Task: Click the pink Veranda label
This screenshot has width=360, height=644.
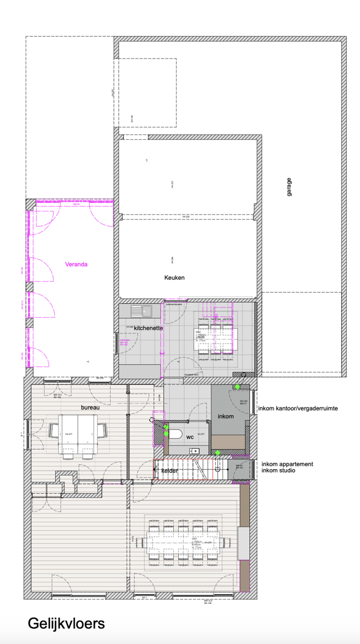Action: click(x=76, y=264)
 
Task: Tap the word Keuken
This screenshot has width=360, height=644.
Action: click(x=174, y=277)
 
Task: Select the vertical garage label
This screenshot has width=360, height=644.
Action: click(x=289, y=186)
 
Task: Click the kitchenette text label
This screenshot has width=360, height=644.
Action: click(x=148, y=327)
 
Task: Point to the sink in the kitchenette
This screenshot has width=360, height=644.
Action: click(x=143, y=310)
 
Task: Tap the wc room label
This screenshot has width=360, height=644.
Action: click(x=189, y=437)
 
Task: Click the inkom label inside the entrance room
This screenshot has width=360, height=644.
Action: click(x=225, y=416)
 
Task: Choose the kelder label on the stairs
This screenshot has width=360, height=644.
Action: click(x=170, y=471)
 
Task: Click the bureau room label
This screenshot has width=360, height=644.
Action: click(x=90, y=407)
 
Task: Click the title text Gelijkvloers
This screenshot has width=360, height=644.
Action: click(x=66, y=624)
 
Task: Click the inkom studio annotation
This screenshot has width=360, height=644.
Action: click(x=278, y=471)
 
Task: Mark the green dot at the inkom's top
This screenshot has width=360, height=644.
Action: click(x=237, y=386)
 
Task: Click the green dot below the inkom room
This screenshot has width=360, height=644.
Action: click(x=217, y=453)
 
